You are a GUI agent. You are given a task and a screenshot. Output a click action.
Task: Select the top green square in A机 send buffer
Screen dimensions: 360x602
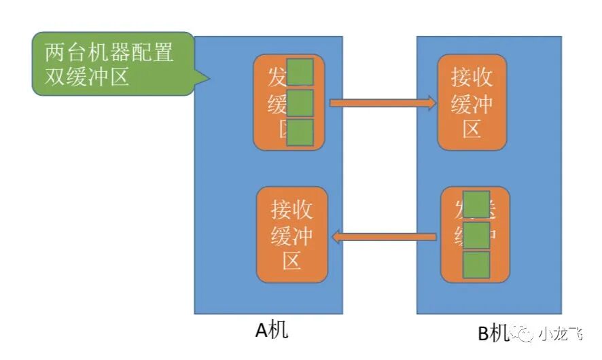click(300, 73)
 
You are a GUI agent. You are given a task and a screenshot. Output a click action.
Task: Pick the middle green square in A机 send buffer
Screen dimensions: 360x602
click(300, 103)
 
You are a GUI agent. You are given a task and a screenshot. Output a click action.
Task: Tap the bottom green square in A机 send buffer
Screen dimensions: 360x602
click(300, 132)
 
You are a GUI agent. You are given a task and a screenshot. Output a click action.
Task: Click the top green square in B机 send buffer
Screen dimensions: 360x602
click(476, 204)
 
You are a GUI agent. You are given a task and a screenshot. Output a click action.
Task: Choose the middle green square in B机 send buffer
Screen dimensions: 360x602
click(476, 235)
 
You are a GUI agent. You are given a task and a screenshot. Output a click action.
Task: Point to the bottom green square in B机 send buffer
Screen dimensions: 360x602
click(476, 265)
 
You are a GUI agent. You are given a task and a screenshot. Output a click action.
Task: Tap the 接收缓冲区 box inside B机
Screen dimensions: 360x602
click(472, 103)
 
